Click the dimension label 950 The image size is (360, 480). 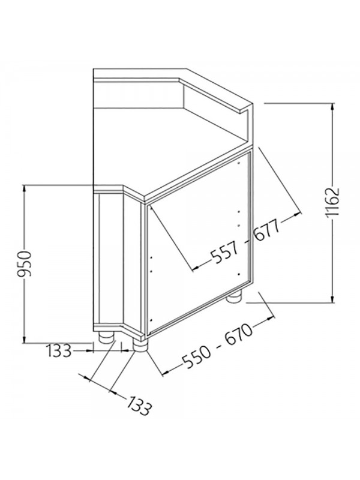pyautogui.click(x=23, y=263)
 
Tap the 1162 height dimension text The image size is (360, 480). pyautogui.click(x=332, y=202)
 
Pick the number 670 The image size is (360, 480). pyautogui.click(x=239, y=335)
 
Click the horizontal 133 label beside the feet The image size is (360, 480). pyautogui.click(x=59, y=350)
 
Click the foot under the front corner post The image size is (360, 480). pyautogui.click(x=140, y=346)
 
